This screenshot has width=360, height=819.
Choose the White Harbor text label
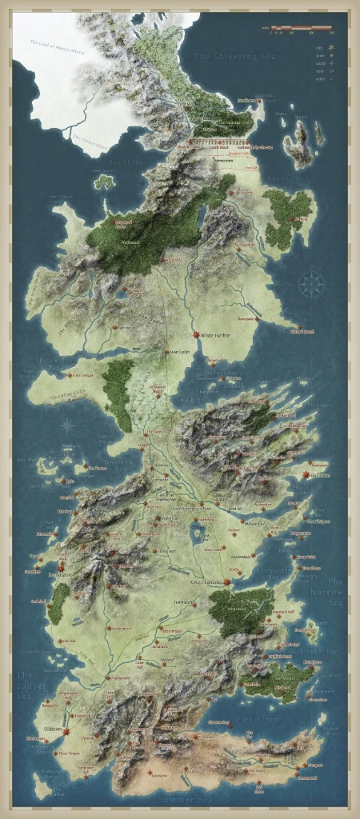tap(215, 336)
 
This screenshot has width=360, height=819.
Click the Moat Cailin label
tap(178, 352)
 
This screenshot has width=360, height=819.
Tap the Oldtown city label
tap(52, 726)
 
